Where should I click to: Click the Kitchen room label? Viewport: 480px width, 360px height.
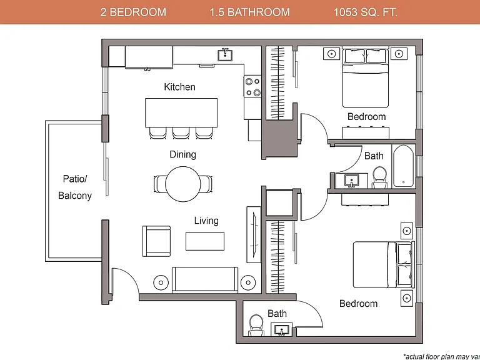coord(179,87)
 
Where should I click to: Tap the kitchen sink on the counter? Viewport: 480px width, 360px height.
coord(225,55)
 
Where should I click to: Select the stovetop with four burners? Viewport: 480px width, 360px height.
coord(253,86)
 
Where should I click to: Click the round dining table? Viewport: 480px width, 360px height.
coord(183,184)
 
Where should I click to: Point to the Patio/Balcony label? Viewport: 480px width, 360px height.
coord(75,187)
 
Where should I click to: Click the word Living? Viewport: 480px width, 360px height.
coord(206,221)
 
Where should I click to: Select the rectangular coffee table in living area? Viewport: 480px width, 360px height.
coord(205,241)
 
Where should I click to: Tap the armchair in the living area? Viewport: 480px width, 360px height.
coord(156,241)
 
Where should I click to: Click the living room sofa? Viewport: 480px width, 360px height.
coord(205,280)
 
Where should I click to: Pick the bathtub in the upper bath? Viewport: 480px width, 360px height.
coord(404,166)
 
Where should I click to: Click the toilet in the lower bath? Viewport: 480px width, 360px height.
coord(256,326)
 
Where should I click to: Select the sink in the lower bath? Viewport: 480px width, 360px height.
coord(282,329)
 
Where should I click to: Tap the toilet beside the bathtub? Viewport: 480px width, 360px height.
coord(380,177)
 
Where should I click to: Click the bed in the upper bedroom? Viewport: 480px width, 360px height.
coord(366,77)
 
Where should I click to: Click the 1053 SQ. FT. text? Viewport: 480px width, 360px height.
coord(365,12)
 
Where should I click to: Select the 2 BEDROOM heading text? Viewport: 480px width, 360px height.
coord(133,12)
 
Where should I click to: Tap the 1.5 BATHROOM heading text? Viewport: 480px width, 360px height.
coord(249,12)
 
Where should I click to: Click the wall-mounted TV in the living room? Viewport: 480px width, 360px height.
coord(254,234)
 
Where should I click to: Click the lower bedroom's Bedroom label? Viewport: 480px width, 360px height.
coord(358,304)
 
